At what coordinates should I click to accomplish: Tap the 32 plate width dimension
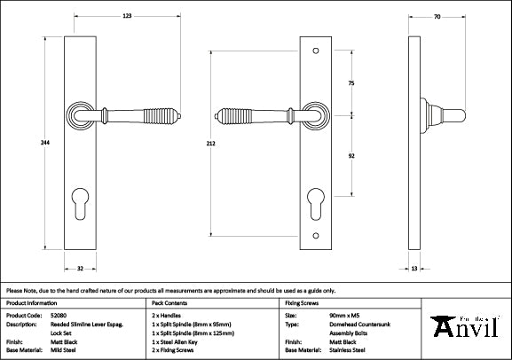[79, 268]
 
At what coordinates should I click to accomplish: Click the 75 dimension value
[351, 83]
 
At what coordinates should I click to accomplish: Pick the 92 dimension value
[351, 155]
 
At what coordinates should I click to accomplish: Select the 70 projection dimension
[438, 16]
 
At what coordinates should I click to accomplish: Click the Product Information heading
[30, 302]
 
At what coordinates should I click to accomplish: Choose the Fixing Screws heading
[303, 302]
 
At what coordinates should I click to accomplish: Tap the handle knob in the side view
[454, 114]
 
